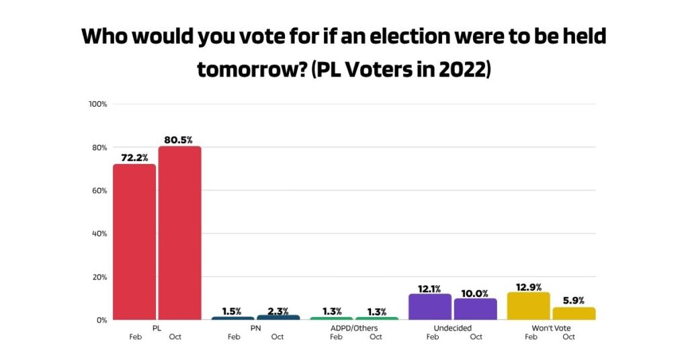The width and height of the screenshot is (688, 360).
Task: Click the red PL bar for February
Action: coord(134,242)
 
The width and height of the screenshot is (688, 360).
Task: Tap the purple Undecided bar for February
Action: coord(430,307)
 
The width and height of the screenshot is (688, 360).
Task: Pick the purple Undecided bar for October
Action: coord(476,309)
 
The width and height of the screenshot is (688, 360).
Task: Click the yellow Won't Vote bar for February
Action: coord(528,306)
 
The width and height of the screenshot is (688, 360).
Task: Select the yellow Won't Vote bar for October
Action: coord(574,314)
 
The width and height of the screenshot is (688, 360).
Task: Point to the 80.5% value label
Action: coord(179,140)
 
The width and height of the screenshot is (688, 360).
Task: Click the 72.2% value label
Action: coord(134,157)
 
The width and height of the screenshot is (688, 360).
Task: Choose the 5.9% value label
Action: coord(574,300)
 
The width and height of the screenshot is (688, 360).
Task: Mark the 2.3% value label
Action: coord(277,311)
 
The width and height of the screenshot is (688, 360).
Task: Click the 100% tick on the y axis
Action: coord(98,104)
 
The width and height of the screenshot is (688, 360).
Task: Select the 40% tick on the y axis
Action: coord(99,234)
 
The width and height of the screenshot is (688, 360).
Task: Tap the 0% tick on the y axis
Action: coord(101,320)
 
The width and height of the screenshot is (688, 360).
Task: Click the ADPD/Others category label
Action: coord(354,328)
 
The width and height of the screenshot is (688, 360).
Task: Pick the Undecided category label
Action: coord(453,328)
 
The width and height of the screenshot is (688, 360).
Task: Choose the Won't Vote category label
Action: coord(551,328)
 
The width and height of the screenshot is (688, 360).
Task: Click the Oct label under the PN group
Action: coord(277,337)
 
